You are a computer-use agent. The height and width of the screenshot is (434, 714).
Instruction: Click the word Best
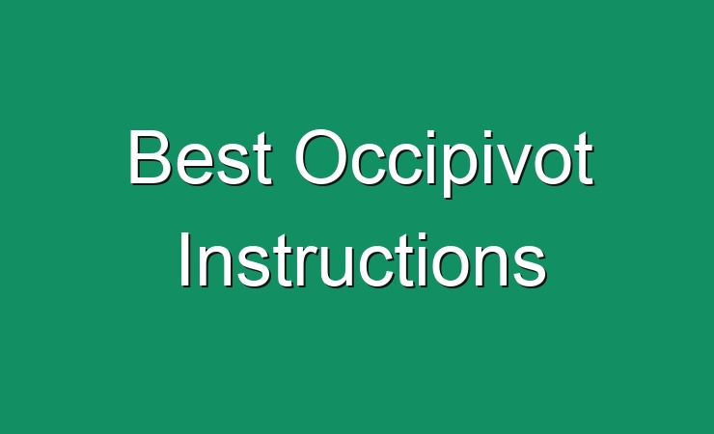point(201,157)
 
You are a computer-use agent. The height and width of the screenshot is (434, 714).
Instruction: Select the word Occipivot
point(445,163)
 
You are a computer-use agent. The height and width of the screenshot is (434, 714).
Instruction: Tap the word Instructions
point(363,259)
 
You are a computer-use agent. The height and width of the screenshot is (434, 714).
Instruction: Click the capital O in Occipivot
point(321,157)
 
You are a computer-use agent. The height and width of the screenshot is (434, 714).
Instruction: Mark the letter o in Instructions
point(455,266)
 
